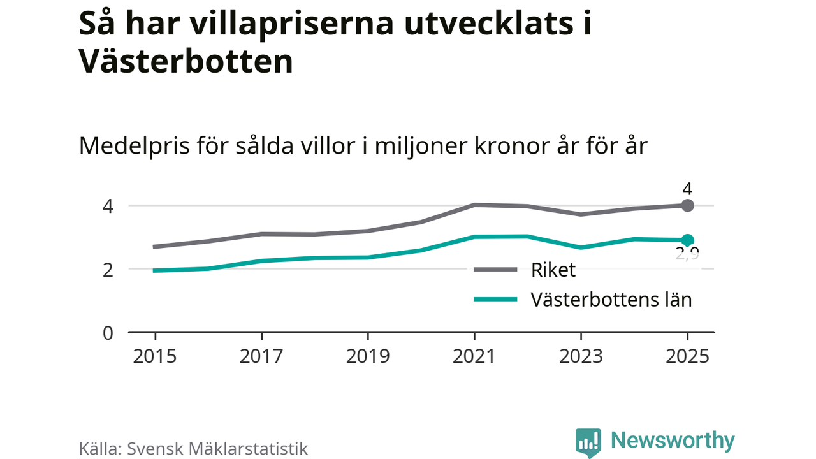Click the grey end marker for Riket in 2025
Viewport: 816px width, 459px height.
tap(687, 205)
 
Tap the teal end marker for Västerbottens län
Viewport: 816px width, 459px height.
tap(687, 240)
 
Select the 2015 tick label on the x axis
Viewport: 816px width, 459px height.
tap(155, 356)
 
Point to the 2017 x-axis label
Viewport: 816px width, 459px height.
tap(261, 356)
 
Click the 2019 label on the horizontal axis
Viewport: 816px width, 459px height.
tap(368, 356)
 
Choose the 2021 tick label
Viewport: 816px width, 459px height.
tap(474, 356)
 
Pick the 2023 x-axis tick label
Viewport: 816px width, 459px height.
tap(581, 356)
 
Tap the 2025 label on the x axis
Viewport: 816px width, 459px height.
tap(687, 356)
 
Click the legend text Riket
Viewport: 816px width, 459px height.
tap(553, 270)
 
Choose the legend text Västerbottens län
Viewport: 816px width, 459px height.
tap(611, 299)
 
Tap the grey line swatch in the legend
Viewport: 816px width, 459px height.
tap(495, 270)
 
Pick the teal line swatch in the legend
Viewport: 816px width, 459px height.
tap(495, 299)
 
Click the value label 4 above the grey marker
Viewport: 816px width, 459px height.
tap(687, 189)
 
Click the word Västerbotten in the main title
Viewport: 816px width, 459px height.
tap(186, 62)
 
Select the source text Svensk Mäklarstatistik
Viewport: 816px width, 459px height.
tap(217, 448)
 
